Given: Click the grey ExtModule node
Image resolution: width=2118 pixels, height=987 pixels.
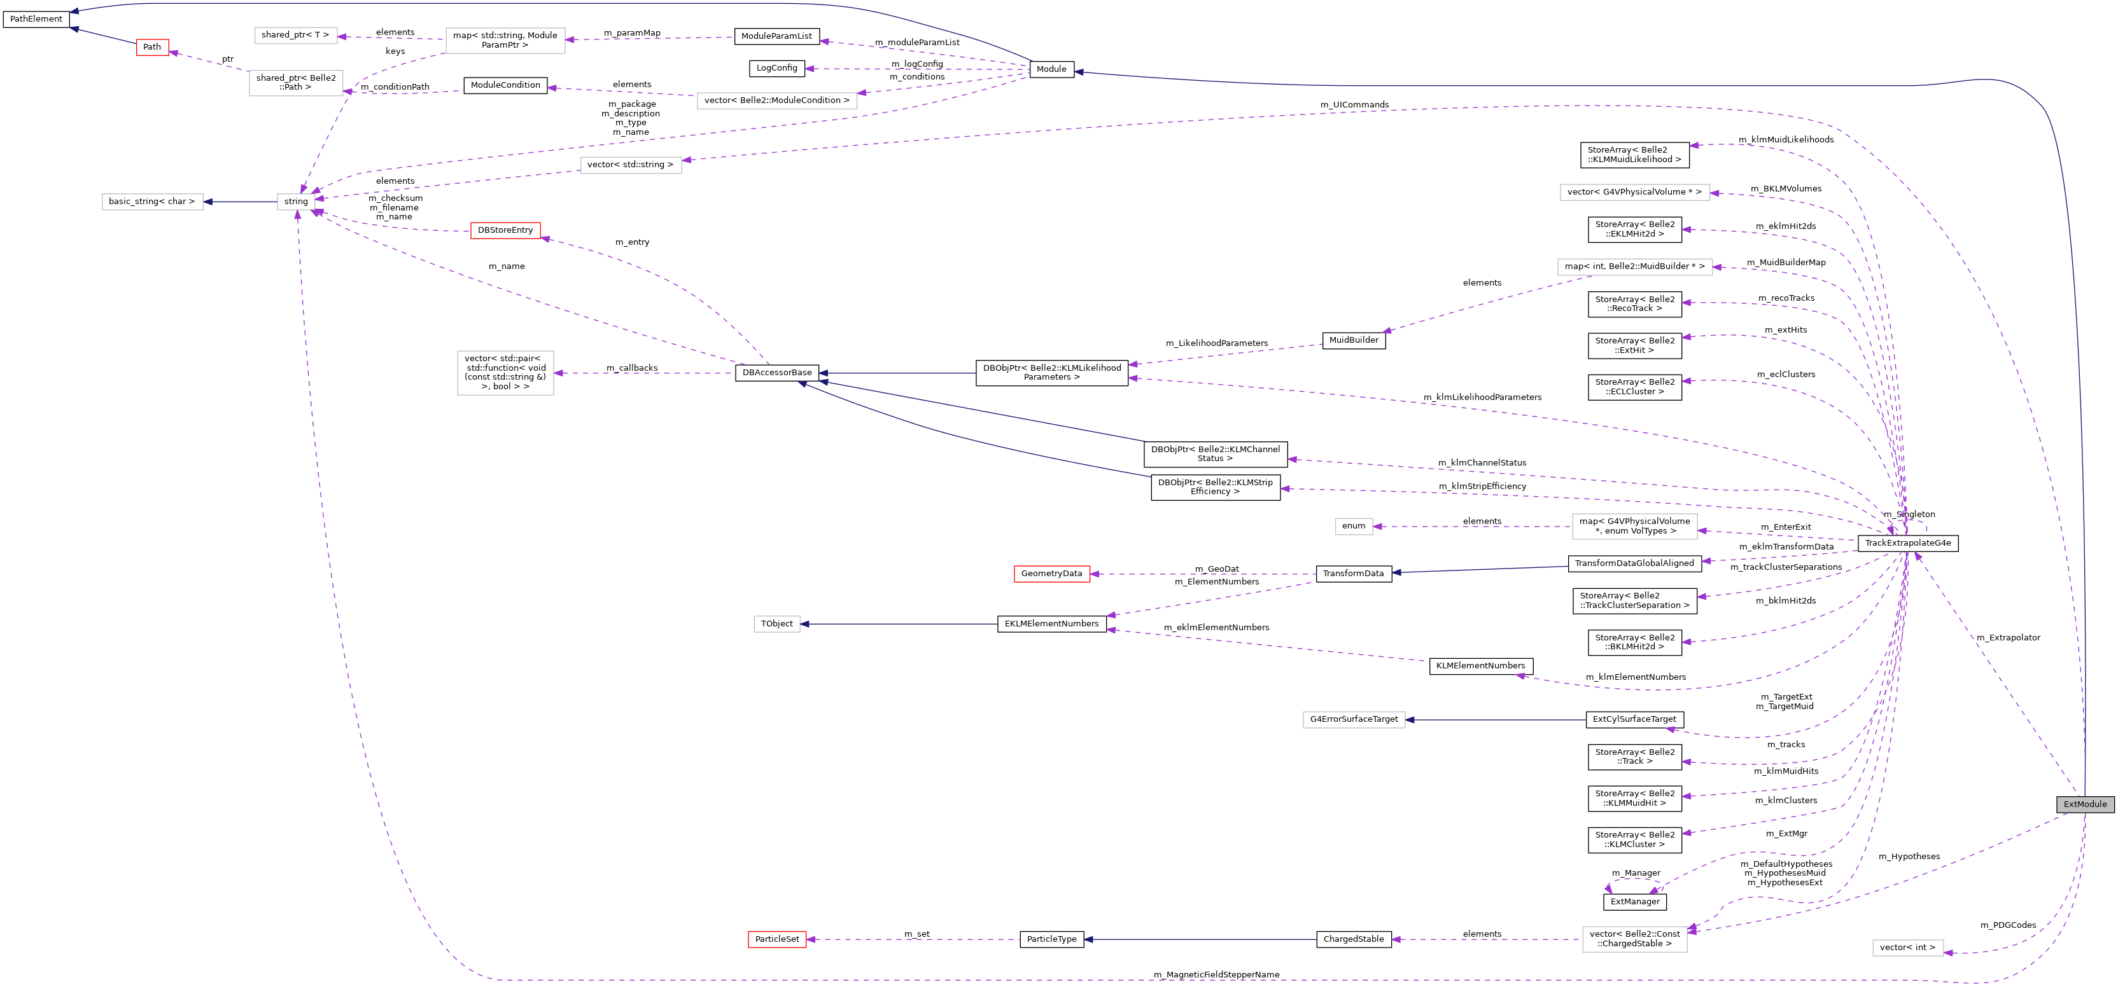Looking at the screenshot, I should click(2084, 804).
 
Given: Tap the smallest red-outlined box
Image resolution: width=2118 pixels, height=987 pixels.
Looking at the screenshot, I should click(152, 48).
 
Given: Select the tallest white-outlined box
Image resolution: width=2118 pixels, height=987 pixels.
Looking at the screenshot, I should click(505, 373).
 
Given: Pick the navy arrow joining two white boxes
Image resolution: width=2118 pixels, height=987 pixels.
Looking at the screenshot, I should click(240, 202).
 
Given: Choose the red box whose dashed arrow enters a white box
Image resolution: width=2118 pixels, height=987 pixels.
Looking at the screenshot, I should click(505, 231).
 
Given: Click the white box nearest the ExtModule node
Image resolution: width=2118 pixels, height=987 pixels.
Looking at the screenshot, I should click(1907, 948).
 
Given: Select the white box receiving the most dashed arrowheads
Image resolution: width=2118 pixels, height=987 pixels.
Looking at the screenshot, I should click(296, 202).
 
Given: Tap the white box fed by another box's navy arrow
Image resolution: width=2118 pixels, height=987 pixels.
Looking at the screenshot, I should click(152, 202).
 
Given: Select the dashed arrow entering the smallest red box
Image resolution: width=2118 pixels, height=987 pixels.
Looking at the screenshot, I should click(209, 62).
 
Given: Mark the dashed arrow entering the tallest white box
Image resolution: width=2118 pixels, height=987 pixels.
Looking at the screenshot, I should click(642, 374).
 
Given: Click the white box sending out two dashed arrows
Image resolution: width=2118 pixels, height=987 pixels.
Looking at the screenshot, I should click(505, 40).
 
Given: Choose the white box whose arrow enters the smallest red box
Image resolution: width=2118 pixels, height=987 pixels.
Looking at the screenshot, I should click(295, 83).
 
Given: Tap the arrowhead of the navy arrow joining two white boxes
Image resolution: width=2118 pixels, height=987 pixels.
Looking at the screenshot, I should click(208, 202).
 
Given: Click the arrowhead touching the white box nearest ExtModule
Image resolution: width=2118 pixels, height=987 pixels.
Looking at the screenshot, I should click(1949, 953).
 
